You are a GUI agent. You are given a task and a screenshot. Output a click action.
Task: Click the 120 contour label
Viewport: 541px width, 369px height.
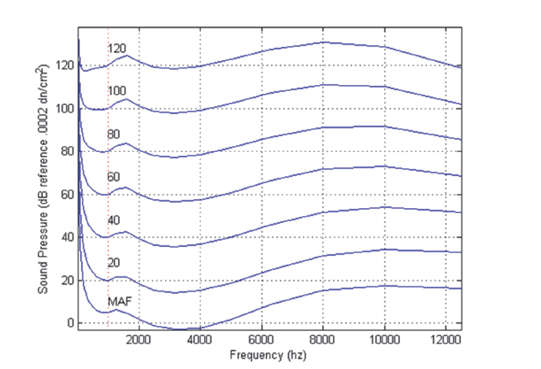coord(117,49)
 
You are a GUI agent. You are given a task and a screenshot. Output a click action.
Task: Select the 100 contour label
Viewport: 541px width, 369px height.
coord(117,90)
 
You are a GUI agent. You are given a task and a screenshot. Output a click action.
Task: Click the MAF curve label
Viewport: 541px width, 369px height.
coord(121,303)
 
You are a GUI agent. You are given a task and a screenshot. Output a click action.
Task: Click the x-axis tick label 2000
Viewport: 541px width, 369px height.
coord(139,338)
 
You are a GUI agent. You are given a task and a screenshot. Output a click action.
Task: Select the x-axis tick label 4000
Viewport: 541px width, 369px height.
coord(200,338)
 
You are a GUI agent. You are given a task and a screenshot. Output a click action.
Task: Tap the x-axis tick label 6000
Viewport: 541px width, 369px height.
coord(262,338)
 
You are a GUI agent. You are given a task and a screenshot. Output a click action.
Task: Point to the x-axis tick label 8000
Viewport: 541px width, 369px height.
coord(323,338)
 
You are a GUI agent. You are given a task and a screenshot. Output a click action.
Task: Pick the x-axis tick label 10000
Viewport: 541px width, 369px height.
coord(384,338)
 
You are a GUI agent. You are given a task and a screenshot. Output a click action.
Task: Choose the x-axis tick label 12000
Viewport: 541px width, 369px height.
coord(445,338)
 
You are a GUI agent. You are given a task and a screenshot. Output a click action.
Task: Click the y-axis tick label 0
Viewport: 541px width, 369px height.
coord(69,323)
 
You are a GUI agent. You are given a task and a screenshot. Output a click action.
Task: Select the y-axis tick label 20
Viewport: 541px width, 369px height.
coord(66,280)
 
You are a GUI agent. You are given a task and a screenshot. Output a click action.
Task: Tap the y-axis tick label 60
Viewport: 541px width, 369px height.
coord(66,194)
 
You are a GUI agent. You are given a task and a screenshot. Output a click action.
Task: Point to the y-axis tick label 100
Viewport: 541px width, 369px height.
coord(64,108)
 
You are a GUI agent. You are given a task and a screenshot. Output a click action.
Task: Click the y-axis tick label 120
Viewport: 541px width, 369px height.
coord(64,65)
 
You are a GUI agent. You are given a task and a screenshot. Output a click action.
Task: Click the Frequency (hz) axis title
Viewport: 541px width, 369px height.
coord(269,353)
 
